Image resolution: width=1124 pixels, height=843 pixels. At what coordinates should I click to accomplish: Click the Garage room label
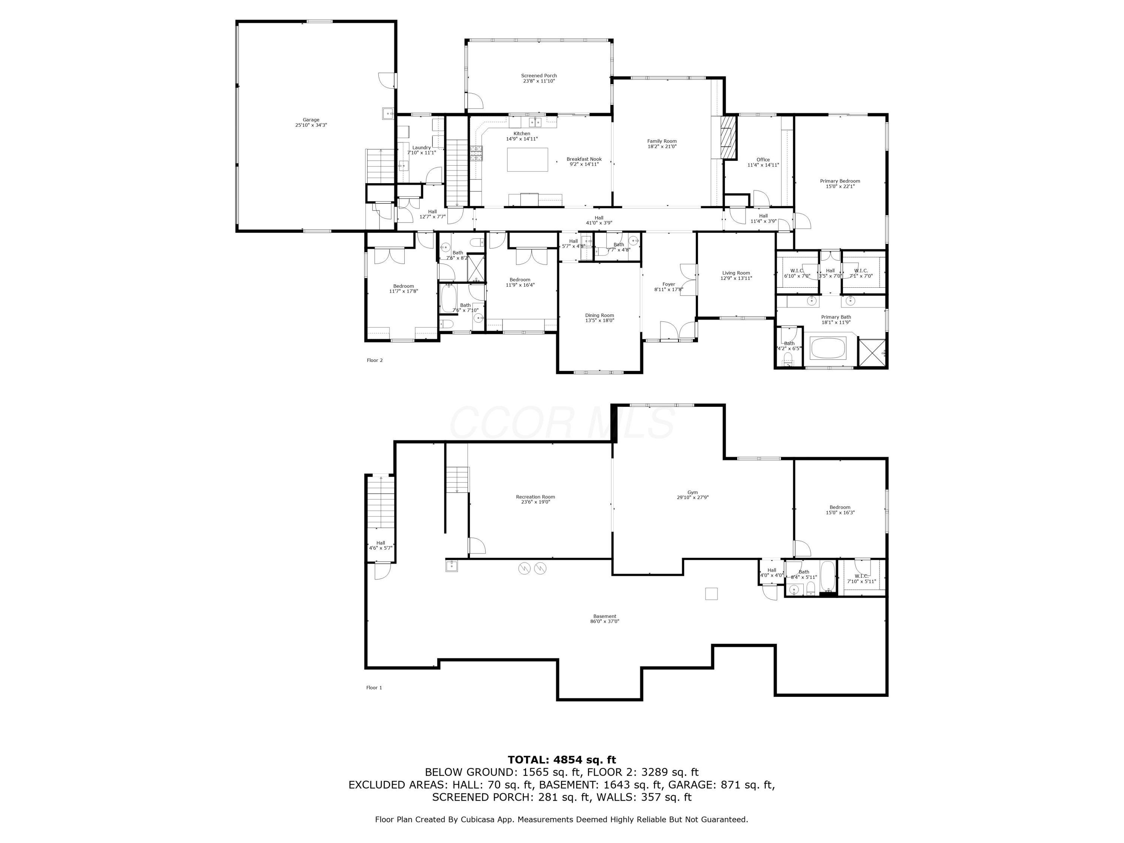pos(311,120)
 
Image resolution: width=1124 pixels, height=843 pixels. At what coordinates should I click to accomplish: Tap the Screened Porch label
pos(539,76)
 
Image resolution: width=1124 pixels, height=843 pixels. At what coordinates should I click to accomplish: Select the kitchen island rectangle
pos(528,160)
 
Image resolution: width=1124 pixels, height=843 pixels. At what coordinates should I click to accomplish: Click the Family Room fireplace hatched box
pos(729,138)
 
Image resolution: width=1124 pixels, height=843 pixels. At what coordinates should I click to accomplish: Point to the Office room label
pos(763,160)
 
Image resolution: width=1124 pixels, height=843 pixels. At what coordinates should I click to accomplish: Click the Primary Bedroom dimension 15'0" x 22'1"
pos(840,187)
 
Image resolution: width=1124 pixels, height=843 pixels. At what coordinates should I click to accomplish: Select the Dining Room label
pos(599,315)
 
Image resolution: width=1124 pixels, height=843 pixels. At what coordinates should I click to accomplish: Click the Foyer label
pos(669,284)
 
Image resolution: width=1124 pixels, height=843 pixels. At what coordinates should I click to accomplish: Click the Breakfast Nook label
pos(584,159)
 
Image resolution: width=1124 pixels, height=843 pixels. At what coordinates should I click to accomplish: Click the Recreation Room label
pos(535,497)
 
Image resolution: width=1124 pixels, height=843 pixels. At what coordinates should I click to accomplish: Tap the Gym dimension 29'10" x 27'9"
pos(692,498)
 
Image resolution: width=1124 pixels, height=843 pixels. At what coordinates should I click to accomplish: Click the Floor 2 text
pos(375,360)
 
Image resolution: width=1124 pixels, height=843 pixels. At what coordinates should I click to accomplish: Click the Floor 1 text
pos(374,688)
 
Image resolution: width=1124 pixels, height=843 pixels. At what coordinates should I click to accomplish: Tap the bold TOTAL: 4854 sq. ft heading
pos(562,760)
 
